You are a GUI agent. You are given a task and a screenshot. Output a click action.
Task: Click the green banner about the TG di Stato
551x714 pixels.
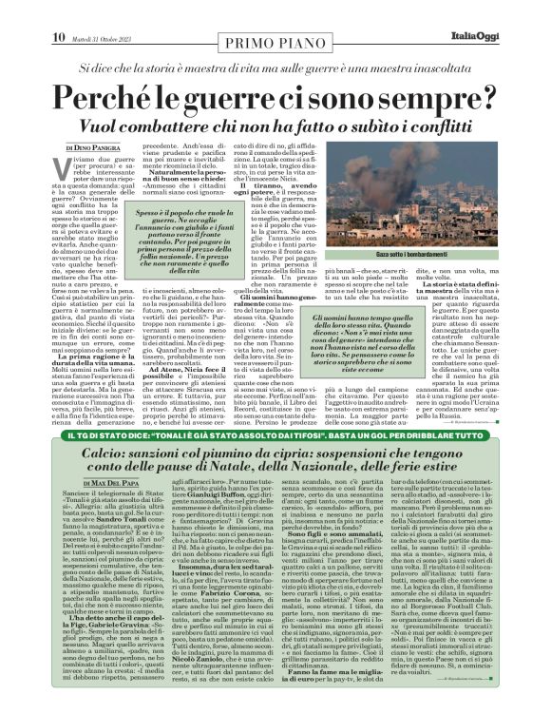pyautogui.click(x=275, y=461)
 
